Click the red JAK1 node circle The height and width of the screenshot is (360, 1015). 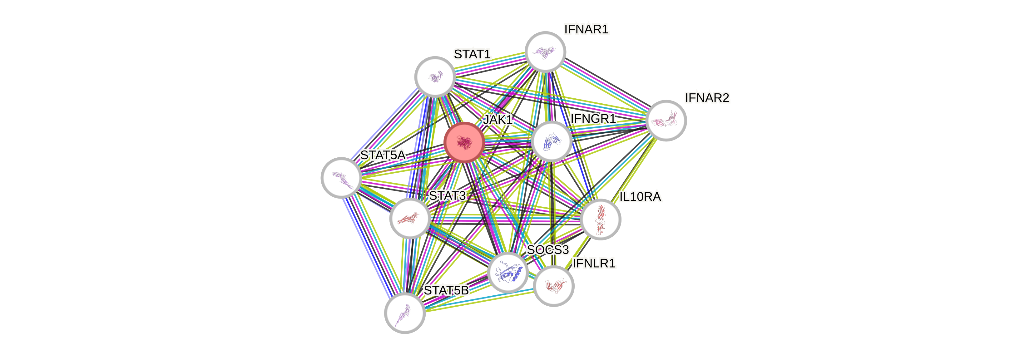tap(464, 142)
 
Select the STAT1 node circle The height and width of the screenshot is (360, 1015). tap(435, 77)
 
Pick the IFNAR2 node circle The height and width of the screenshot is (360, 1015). tap(666, 121)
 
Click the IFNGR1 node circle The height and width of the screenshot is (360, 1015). tap(551, 141)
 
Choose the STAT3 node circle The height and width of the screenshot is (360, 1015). tap(410, 219)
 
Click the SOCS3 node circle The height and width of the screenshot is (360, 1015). tap(508, 273)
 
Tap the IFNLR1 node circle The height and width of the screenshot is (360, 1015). tap(554, 286)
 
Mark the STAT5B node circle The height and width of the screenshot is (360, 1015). tap(405, 313)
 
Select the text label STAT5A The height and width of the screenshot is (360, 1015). tap(382, 155)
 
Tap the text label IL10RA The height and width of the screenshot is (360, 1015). tap(640, 196)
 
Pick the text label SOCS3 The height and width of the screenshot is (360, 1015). tap(548, 249)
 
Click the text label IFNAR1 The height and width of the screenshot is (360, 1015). tap(586, 29)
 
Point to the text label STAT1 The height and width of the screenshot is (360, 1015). tap(472, 54)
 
